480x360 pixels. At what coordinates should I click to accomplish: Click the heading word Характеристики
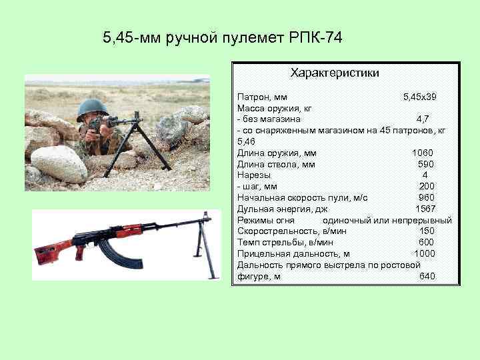[x=335, y=72]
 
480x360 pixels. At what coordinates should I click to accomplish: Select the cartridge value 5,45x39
[x=419, y=97]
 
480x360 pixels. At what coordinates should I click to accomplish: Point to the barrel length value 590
[x=426, y=165]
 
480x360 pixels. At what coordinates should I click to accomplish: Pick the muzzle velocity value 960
[x=426, y=198]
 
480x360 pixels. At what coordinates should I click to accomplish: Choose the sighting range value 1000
[x=424, y=254]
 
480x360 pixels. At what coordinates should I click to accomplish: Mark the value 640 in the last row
[x=427, y=277]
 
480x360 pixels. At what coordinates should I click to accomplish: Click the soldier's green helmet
[x=92, y=107]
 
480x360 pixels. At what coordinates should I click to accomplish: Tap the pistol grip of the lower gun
[x=81, y=253]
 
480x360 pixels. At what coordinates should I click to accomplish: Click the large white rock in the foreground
[x=59, y=163]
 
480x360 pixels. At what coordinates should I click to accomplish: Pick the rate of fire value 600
[x=426, y=243]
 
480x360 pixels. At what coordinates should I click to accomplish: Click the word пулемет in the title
[x=248, y=37]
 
